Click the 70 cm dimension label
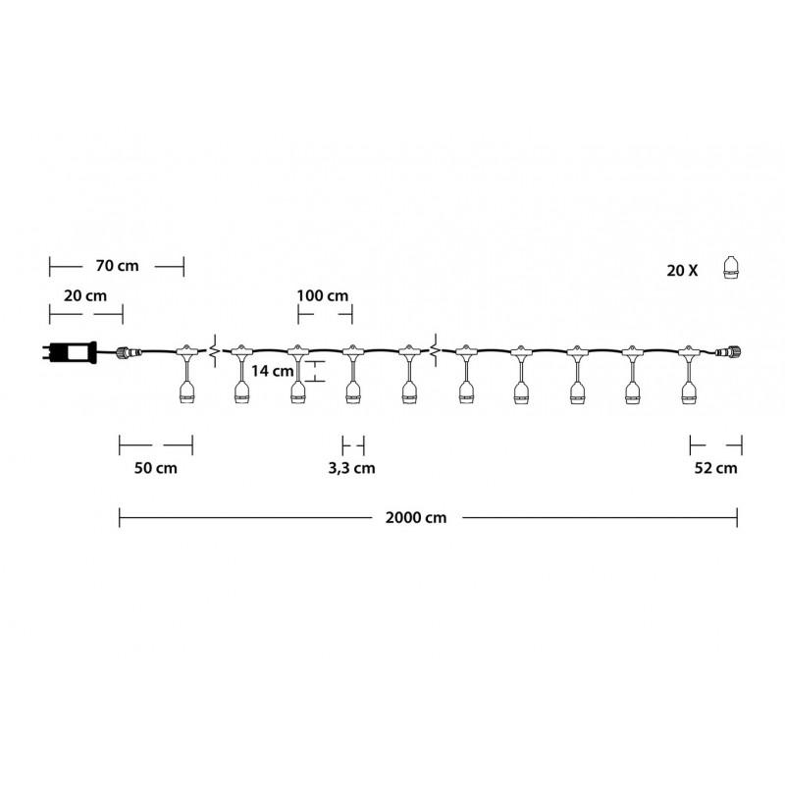click(117, 266)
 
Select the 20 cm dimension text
click(85, 296)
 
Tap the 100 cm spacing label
click(323, 296)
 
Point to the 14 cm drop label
click(273, 371)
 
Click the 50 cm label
click(156, 468)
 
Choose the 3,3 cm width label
click(351, 468)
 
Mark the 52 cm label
click(716, 468)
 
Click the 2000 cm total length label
click(416, 517)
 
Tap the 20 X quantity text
click(682, 271)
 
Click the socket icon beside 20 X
click(731, 268)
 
